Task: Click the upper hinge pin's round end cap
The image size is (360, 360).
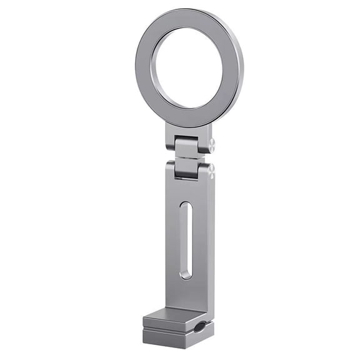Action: coord(212,145)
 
